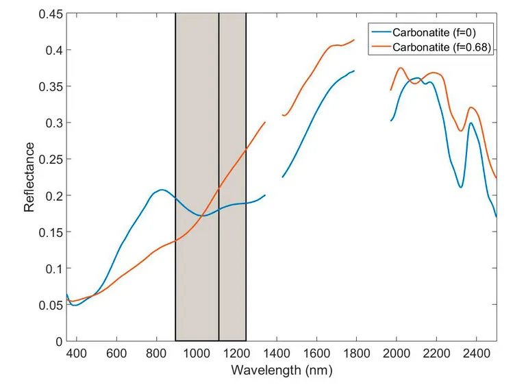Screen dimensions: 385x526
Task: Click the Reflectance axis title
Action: pos(29,177)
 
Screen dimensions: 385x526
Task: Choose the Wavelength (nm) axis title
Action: pos(281,370)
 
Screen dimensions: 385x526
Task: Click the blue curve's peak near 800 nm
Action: pos(162,190)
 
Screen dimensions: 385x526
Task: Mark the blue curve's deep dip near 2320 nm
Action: pos(461,187)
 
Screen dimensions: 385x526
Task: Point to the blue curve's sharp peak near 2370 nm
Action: pos(471,123)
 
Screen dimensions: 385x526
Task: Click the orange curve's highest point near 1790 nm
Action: pos(353,40)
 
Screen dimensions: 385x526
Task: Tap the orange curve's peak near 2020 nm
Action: pos(401,68)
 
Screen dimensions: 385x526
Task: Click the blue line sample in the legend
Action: pos(380,32)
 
